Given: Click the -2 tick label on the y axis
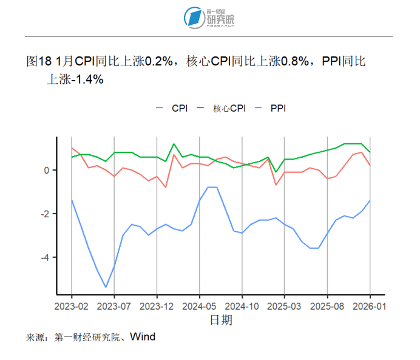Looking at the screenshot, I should tap(44, 214).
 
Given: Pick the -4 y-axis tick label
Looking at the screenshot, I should tap(44, 257).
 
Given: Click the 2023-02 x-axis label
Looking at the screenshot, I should tap(72, 306).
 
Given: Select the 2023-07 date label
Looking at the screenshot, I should tap(115, 306).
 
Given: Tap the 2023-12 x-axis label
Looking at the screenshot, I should tap(157, 306).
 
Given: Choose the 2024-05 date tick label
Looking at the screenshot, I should tap(200, 306).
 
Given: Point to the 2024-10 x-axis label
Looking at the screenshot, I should tap(242, 306).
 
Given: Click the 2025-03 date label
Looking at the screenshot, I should tap(285, 306).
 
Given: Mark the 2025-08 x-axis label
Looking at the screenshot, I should tap(327, 306).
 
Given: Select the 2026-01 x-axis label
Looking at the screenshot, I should tap(369, 306).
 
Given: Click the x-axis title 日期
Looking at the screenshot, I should tap(221, 319).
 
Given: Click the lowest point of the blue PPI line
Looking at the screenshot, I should tap(106, 287).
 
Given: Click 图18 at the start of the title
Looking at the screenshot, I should tap(39, 61).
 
